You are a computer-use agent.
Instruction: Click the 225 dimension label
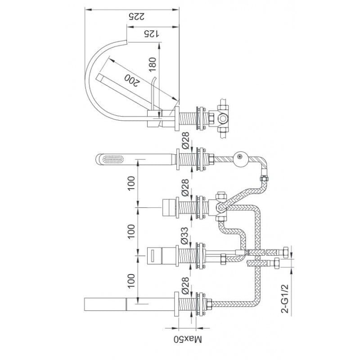(x=136, y=16)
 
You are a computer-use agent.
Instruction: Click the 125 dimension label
(x=152, y=34)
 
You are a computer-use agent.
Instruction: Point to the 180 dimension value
(x=152, y=64)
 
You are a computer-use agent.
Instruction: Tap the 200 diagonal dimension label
(x=132, y=81)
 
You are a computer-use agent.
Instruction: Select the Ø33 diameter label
(x=184, y=235)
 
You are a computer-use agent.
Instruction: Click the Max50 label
(x=188, y=339)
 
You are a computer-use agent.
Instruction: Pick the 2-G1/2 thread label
(x=284, y=298)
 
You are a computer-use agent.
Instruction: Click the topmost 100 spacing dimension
(x=131, y=183)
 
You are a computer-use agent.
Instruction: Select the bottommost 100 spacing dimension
(x=131, y=281)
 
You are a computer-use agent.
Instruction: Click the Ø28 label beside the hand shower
(x=185, y=140)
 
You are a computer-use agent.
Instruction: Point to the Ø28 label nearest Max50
(x=185, y=285)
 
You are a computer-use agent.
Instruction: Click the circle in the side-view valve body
(x=222, y=118)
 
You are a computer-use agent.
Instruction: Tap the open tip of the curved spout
(x=126, y=42)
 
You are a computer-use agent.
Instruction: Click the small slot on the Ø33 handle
(x=153, y=255)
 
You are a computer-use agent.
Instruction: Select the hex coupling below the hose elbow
(x=264, y=178)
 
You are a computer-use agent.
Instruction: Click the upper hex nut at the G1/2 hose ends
(x=286, y=252)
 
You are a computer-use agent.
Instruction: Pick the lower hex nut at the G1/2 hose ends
(x=277, y=263)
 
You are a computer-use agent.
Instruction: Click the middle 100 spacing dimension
(x=131, y=232)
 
